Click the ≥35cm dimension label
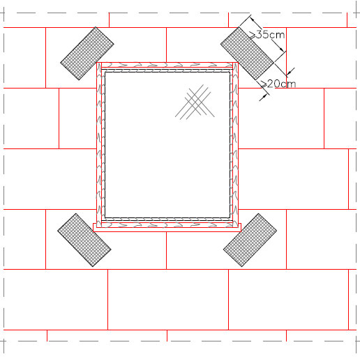click(267, 35)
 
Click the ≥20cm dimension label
click(278, 84)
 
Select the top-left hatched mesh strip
click(87, 54)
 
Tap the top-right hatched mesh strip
click(247, 54)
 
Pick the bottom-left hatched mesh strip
click(84, 240)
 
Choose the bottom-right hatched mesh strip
click(250, 240)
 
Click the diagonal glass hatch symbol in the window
click(195, 102)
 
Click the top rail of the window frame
click(167, 65)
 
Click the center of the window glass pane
click(167, 145)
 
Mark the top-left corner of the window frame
click(97, 62)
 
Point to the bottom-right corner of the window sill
click(241, 231)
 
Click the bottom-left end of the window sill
click(93, 231)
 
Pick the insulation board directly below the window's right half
click(226, 251)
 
